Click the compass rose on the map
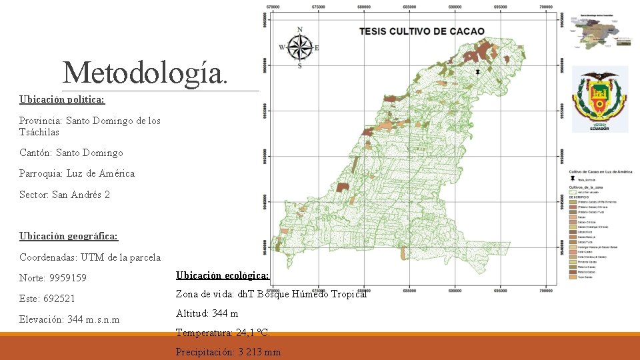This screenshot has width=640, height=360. point(300,47)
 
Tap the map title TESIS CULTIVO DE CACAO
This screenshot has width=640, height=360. point(422,31)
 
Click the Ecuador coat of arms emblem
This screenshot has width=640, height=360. point(600,100)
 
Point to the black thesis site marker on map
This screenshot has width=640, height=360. point(477,71)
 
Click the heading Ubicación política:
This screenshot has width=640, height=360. point(62,99)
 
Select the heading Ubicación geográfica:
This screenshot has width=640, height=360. point(69,236)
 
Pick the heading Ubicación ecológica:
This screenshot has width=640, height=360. point(223,275)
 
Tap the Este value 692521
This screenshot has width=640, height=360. point(75,298)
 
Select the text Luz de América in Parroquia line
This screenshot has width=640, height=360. point(100,173)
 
